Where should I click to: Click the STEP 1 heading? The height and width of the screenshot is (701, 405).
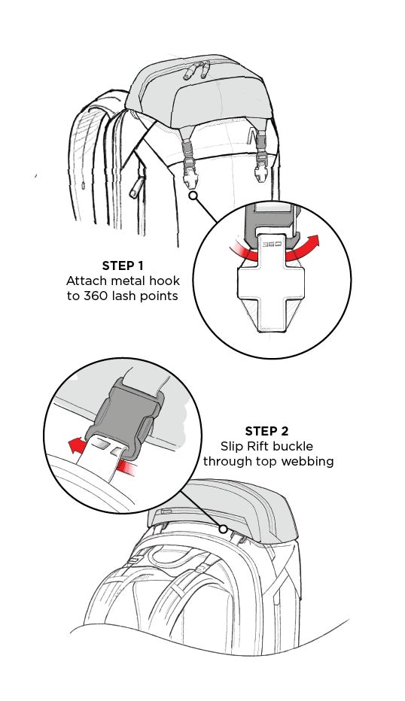pos(123,266)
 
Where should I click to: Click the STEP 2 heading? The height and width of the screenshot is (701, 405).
pos(266,431)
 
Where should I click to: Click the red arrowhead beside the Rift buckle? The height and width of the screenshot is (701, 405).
pos(75,445)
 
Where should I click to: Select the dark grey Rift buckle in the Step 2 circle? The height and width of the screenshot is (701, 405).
pos(124,418)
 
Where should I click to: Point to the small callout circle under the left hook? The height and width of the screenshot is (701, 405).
pos(193,196)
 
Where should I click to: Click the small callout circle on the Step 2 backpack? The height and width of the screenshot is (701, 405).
pos(223,530)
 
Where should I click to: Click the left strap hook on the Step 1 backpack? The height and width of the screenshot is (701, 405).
pos(190,164)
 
